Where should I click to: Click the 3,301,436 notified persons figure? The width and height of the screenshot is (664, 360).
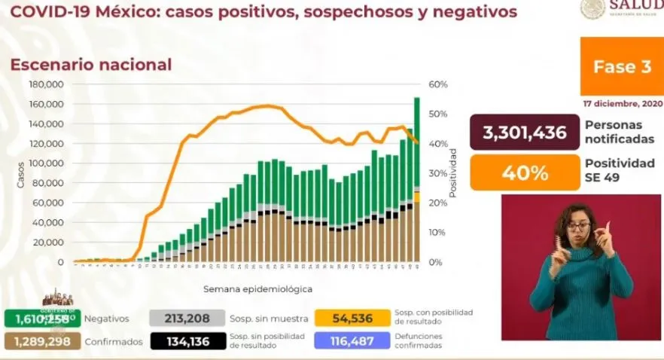[524, 133]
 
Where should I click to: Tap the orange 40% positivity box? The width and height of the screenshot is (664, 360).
[524, 172]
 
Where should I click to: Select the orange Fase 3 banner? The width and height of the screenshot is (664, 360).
[621, 66]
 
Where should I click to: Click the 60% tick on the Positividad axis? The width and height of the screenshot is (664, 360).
[438, 84]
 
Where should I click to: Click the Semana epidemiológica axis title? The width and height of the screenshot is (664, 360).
[257, 288]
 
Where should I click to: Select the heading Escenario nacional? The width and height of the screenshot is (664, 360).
[90, 65]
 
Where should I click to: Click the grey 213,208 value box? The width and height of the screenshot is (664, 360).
[187, 319]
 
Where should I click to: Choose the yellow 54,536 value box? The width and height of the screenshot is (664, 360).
[352, 319]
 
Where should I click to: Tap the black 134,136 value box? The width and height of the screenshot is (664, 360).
[187, 341]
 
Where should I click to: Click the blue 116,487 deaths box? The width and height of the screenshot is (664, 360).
[352, 341]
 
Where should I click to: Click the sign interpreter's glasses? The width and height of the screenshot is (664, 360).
[577, 226]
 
